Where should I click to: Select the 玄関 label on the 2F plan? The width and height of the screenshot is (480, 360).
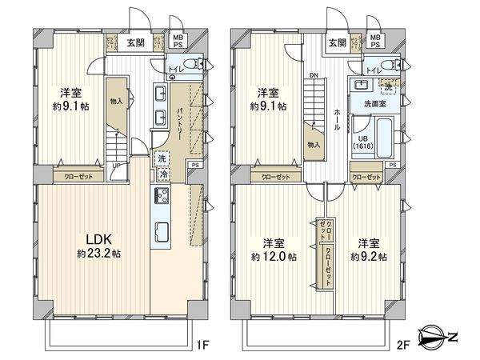pyautogui.click(x=336, y=42)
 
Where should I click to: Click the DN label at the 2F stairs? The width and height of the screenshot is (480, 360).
pyautogui.click(x=314, y=78)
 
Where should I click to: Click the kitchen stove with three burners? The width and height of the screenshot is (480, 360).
pyautogui.click(x=160, y=197)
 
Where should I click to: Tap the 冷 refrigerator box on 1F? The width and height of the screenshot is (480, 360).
pyautogui.click(x=163, y=174)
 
